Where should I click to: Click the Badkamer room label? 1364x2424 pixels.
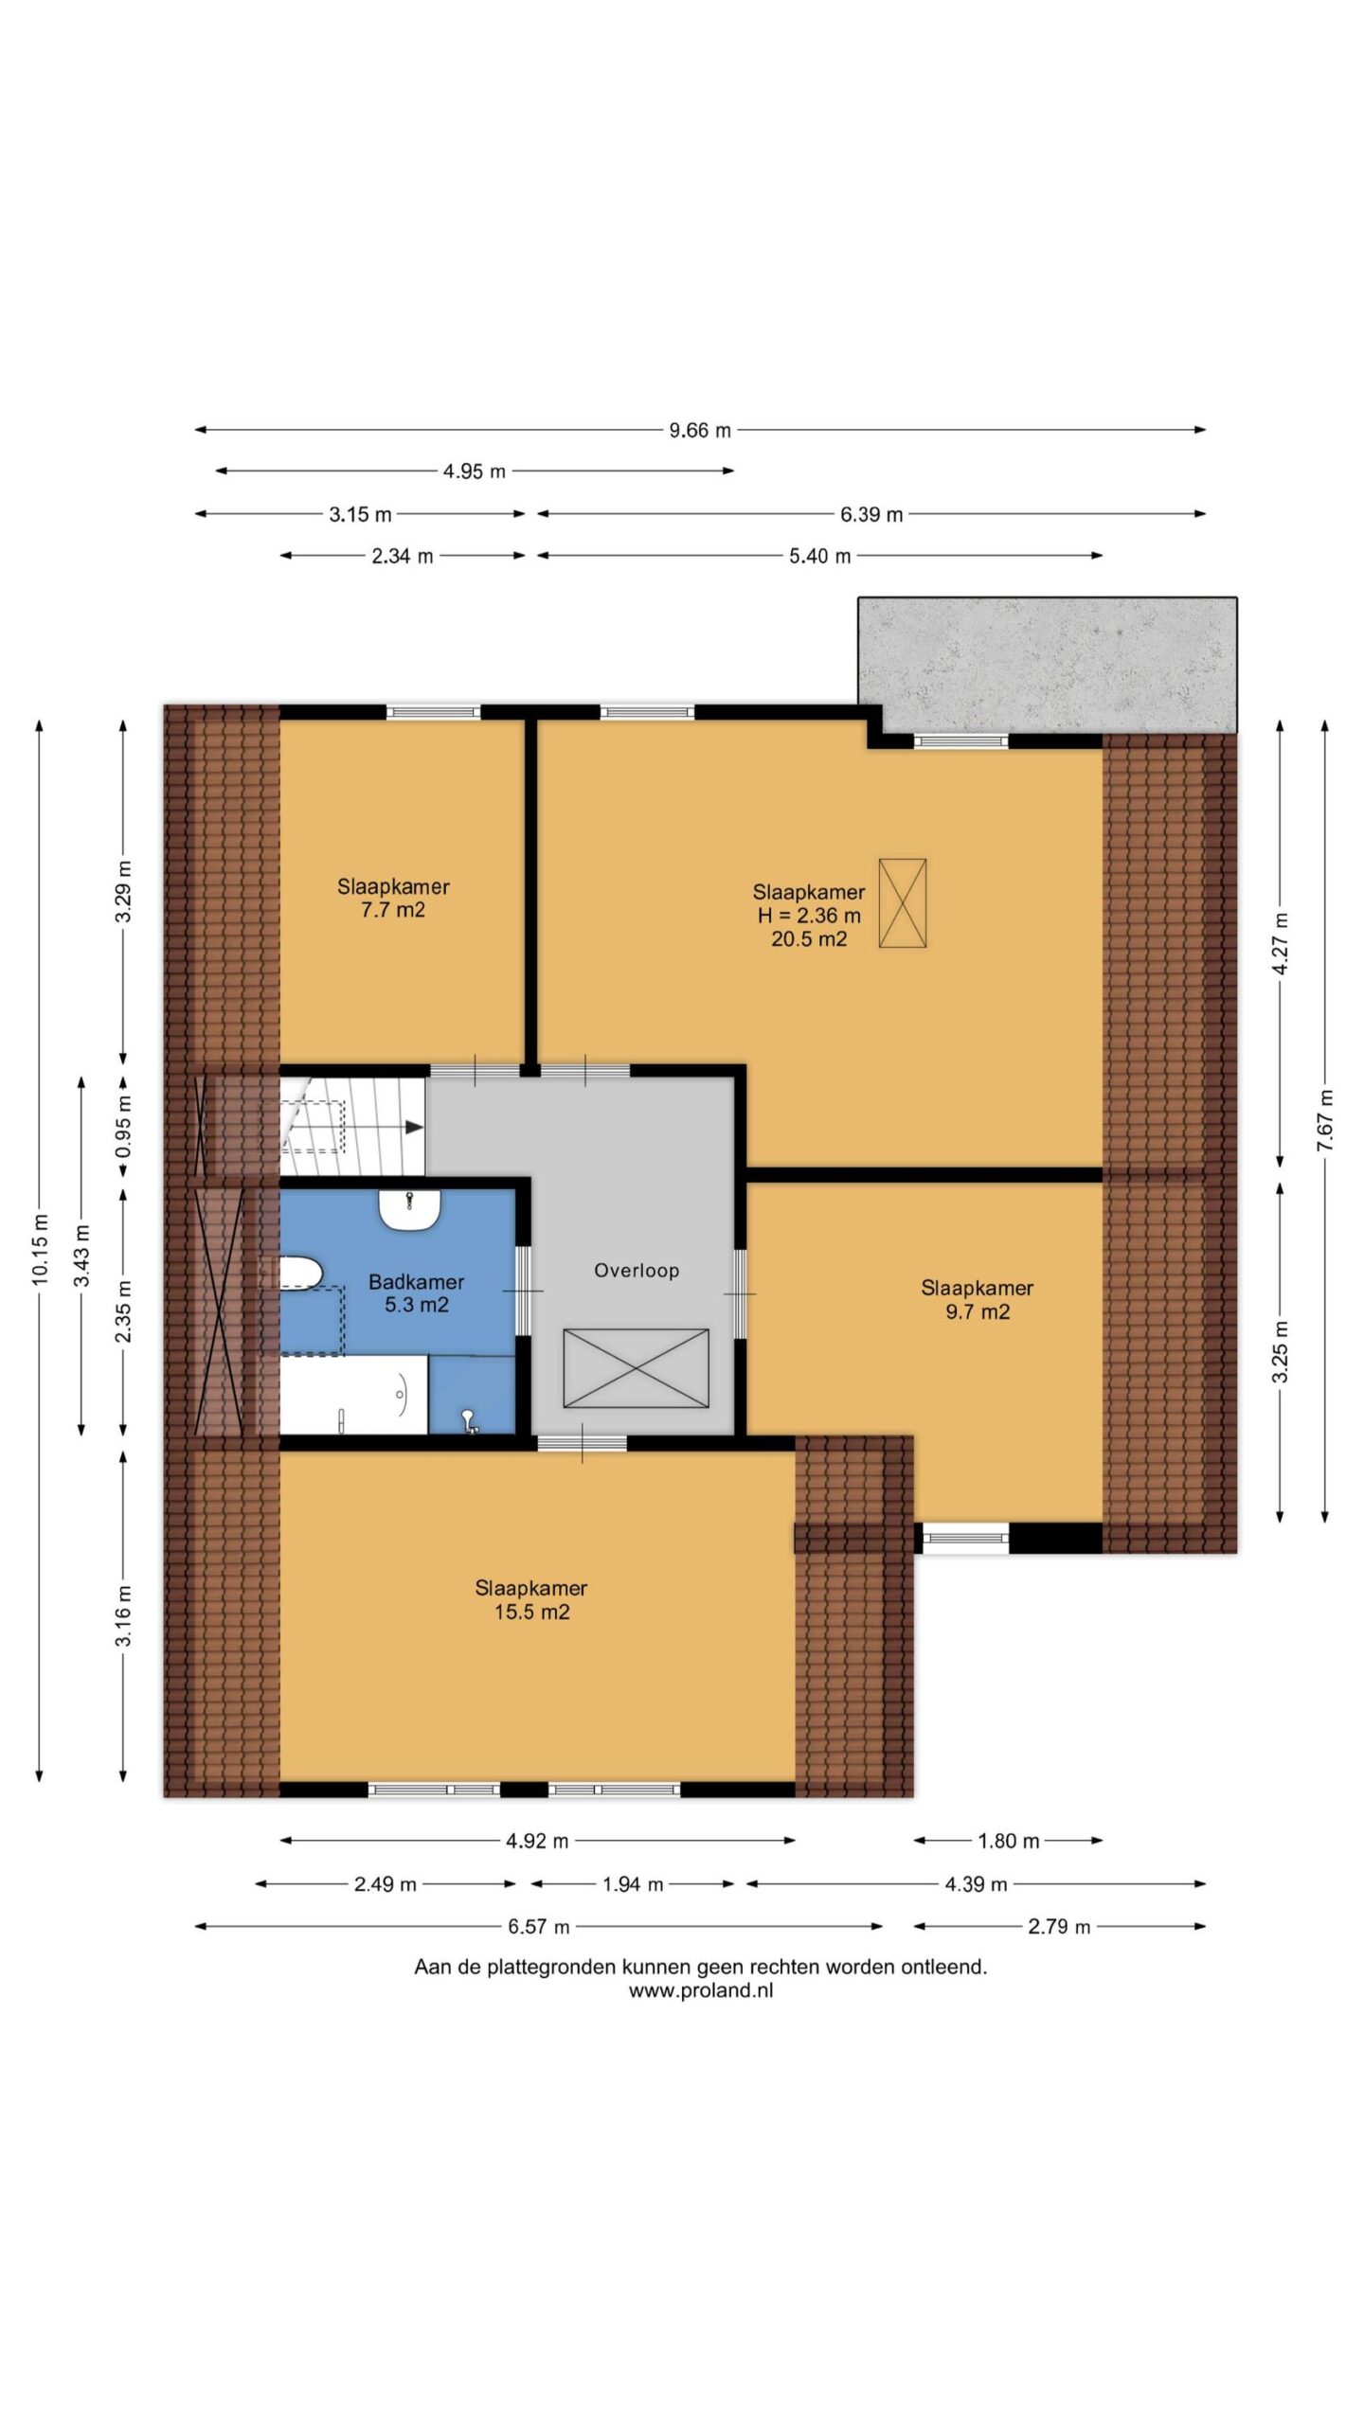click(x=416, y=1282)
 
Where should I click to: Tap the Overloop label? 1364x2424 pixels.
click(x=637, y=1271)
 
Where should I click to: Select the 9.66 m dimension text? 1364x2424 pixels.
click(x=700, y=430)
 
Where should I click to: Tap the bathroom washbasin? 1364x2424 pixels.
click(x=410, y=1209)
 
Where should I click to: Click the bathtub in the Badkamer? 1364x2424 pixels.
click(x=353, y=1394)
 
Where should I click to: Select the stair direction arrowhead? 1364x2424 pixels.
click(x=414, y=1127)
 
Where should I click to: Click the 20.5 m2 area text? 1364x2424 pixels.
click(x=809, y=939)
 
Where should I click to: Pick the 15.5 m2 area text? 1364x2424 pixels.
click(x=532, y=1612)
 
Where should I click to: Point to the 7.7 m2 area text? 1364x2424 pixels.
click(x=393, y=910)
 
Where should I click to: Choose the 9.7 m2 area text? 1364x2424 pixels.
click(x=978, y=1311)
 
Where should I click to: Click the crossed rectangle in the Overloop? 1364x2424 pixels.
click(x=636, y=1367)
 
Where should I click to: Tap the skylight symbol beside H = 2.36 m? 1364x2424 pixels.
click(x=903, y=902)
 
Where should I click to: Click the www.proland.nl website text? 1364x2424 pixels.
click(x=701, y=1990)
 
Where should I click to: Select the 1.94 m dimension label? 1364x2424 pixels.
click(x=633, y=1884)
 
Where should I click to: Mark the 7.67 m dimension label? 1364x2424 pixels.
click(x=1324, y=1120)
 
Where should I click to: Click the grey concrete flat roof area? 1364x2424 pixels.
click(x=1048, y=665)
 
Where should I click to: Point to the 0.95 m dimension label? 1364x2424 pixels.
click(x=123, y=1126)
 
